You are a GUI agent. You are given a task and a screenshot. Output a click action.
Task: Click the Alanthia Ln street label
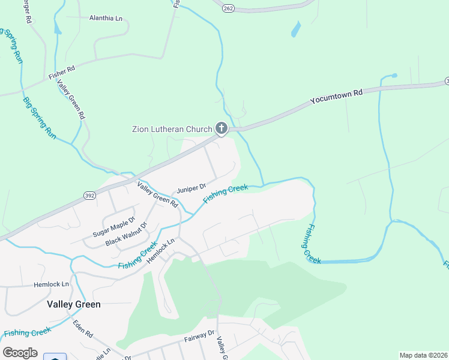click(106, 18)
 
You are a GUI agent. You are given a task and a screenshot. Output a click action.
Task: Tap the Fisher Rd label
click(62, 70)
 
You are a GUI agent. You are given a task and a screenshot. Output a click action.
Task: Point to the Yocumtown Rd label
click(337, 97)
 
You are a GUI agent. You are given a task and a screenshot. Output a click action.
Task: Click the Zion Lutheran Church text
click(172, 129)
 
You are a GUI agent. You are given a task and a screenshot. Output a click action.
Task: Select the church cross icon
click(221, 128)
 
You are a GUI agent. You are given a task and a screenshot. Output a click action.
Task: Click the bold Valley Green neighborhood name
click(74, 304)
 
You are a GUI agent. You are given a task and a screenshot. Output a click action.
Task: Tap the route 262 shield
click(228, 8)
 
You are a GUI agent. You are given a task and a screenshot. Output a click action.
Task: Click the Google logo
click(20, 353)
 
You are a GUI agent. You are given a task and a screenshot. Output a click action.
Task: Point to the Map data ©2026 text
click(423, 355)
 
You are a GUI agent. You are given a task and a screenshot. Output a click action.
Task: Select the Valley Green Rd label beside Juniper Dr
click(158, 194)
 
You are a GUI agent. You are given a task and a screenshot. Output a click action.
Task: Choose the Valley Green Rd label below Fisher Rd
click(71, 99)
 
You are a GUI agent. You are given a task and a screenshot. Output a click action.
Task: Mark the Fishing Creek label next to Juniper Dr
click(225, 194)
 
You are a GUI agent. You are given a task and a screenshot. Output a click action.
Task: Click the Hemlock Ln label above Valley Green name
click(52, 284)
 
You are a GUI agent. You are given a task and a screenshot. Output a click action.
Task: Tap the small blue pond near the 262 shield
click(295, 29)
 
